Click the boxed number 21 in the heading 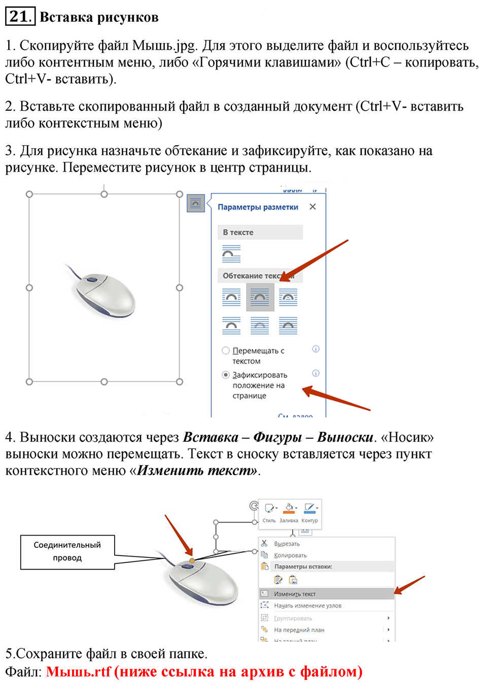tap(20, 16)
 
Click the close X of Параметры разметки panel tap(312, 207)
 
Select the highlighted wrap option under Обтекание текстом tap(260, 297)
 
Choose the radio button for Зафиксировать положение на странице tap(226, 375)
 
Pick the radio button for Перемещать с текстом tap(226, 350)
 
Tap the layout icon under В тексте tap(231, 253)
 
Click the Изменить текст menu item tap(295, 593)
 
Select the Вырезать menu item tap(287, 544)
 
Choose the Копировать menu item tap(290, 555)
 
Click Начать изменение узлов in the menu tap(307, 605)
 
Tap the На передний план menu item tap(299, 630)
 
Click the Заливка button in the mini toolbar tap(289, 512)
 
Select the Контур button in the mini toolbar tap(309, 512)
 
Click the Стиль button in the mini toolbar tap(269, 512)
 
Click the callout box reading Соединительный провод tap(67, 551)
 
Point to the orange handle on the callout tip tap(191, 560)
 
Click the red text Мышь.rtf tap(78, 672)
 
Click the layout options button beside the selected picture tap(196, 203)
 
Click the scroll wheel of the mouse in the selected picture tap(92, 279)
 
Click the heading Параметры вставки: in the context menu tap(303, 567)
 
